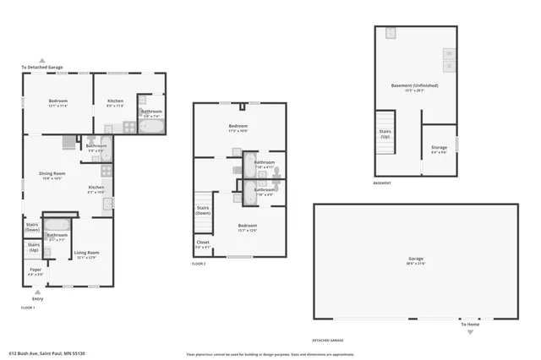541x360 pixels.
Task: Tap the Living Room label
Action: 86,254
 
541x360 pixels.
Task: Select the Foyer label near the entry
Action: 35,271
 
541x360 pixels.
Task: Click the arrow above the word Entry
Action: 36,292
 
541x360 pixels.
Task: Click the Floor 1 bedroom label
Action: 57,102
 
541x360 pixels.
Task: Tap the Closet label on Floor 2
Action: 203,243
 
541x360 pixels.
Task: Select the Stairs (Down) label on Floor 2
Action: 203,210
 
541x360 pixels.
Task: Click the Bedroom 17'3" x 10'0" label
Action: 238,128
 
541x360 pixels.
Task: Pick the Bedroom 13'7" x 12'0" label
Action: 247,226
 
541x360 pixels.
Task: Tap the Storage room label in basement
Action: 440,150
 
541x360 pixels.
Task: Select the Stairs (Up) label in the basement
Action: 385,134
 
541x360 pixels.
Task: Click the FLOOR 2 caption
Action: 199,265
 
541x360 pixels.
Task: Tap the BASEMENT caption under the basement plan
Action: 382,183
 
